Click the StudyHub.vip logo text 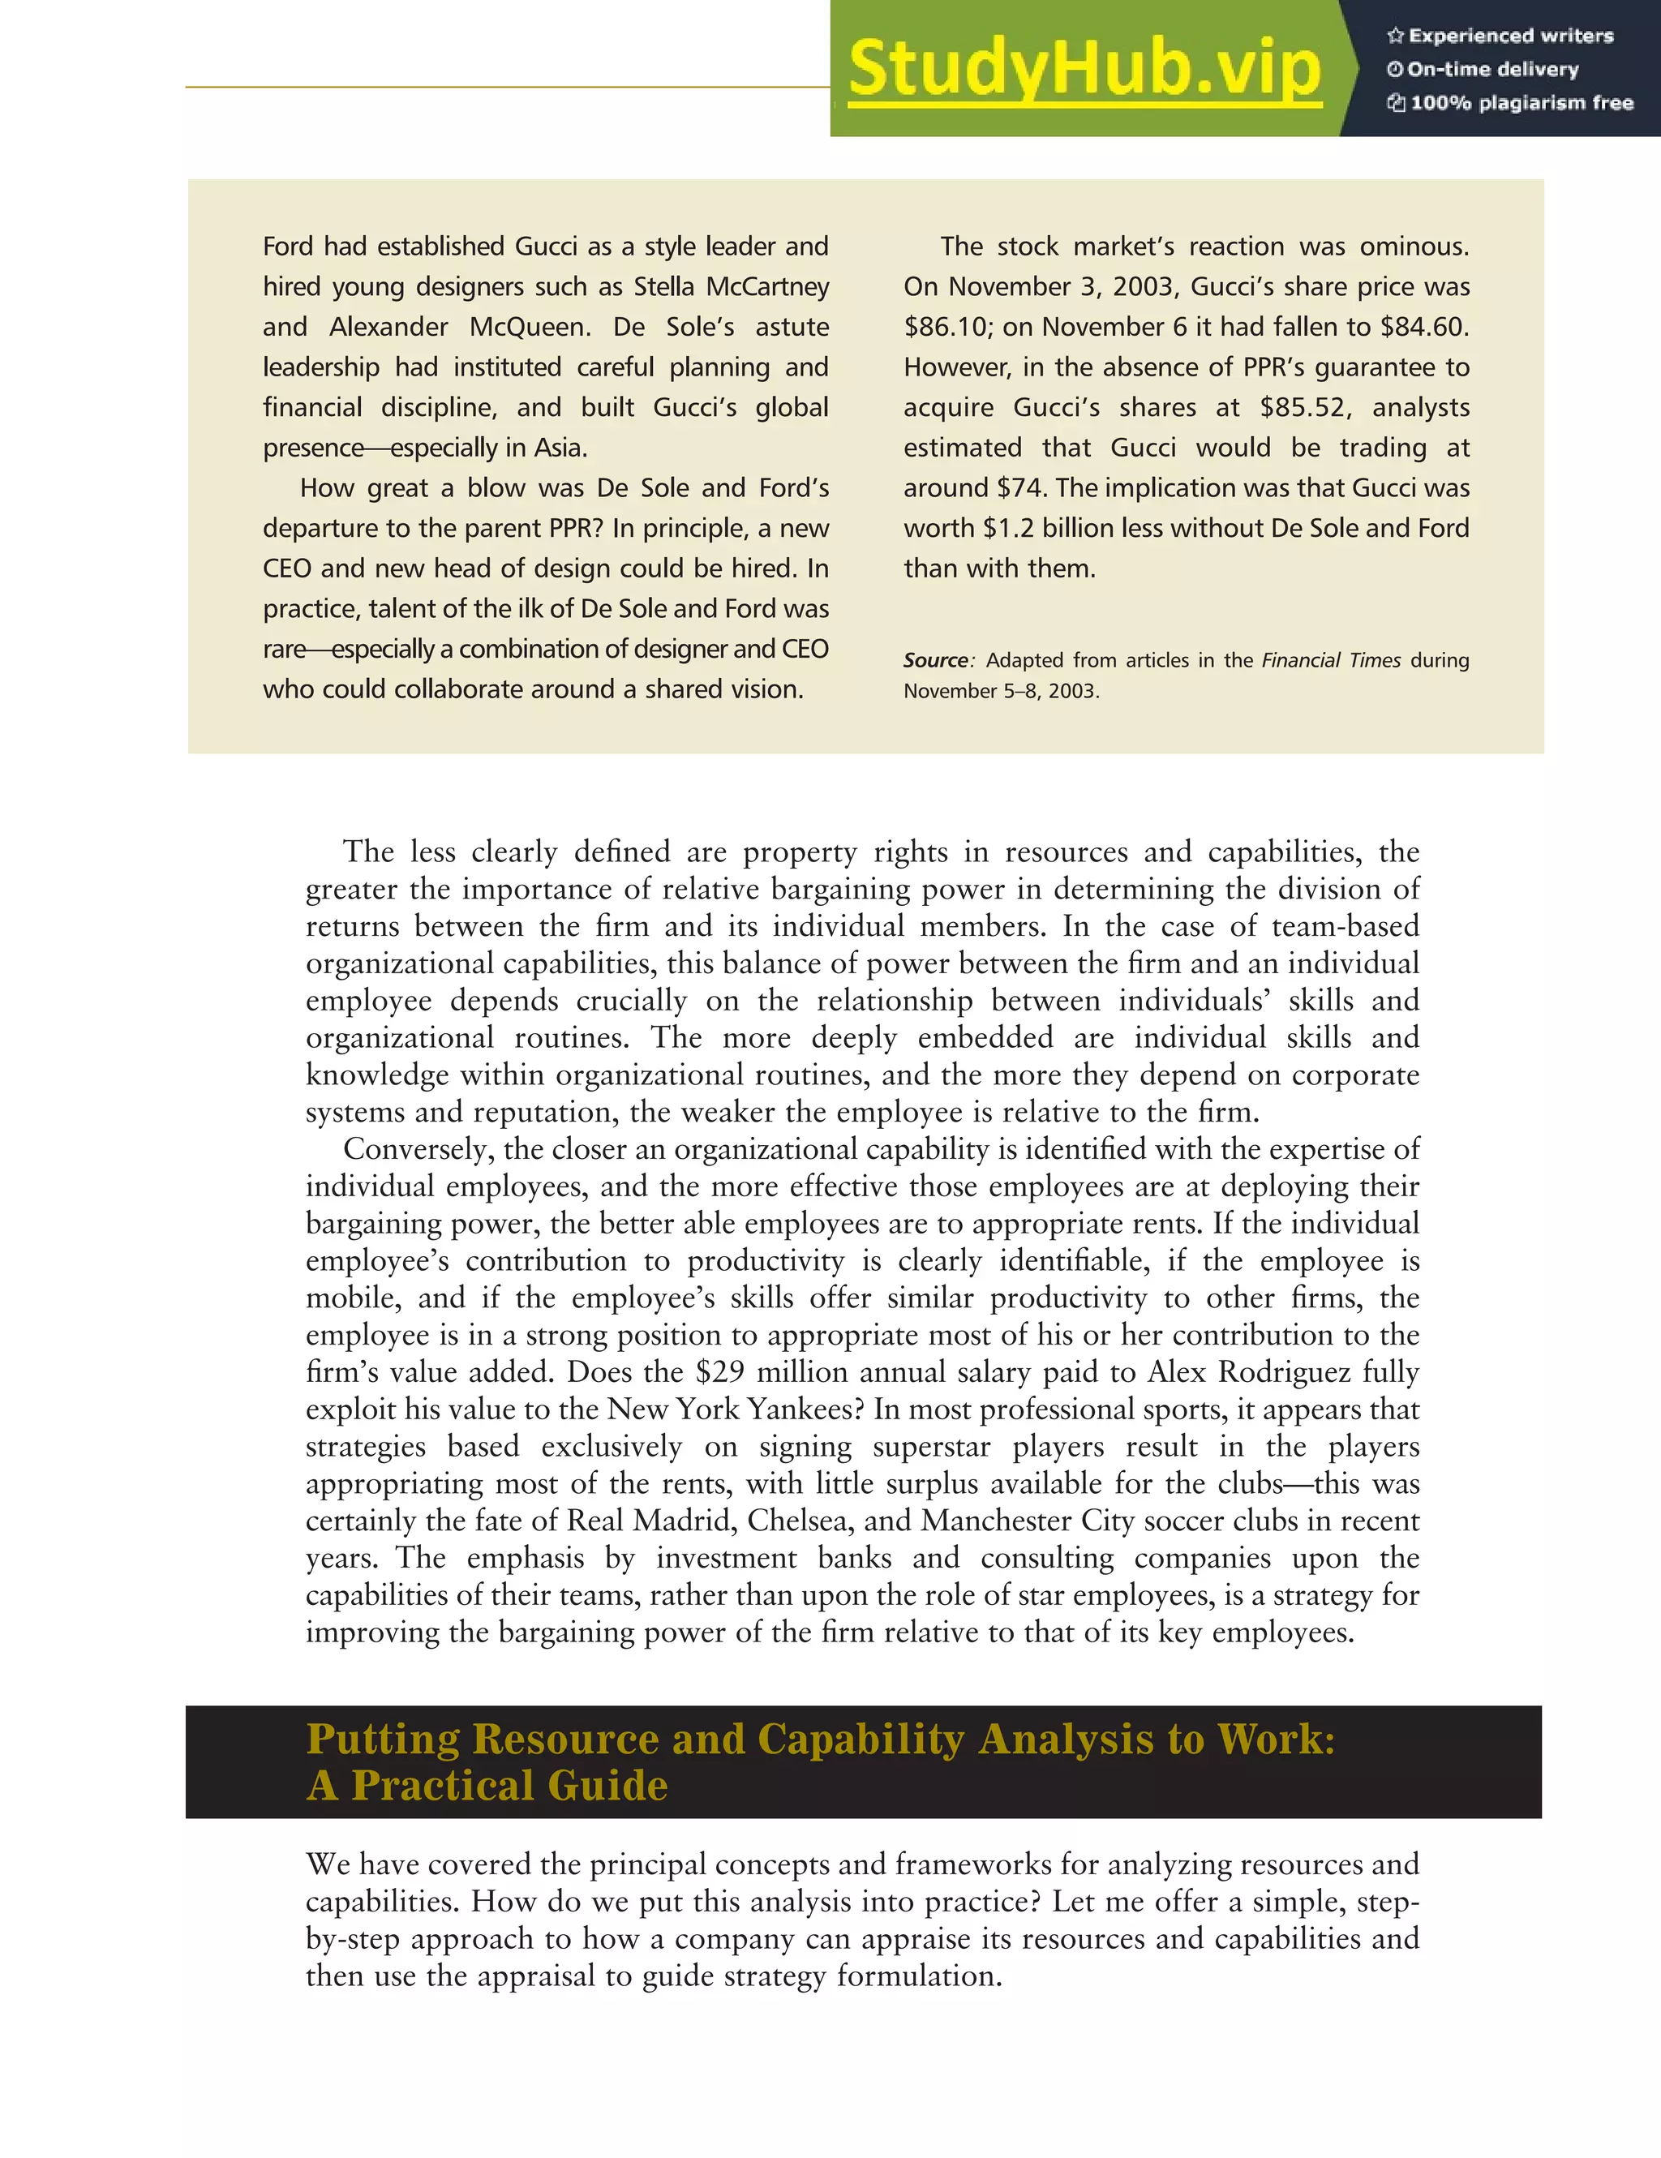tap(1084, 69)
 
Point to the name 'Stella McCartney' tap(732, 286)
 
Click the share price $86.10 tap(949, 327)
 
